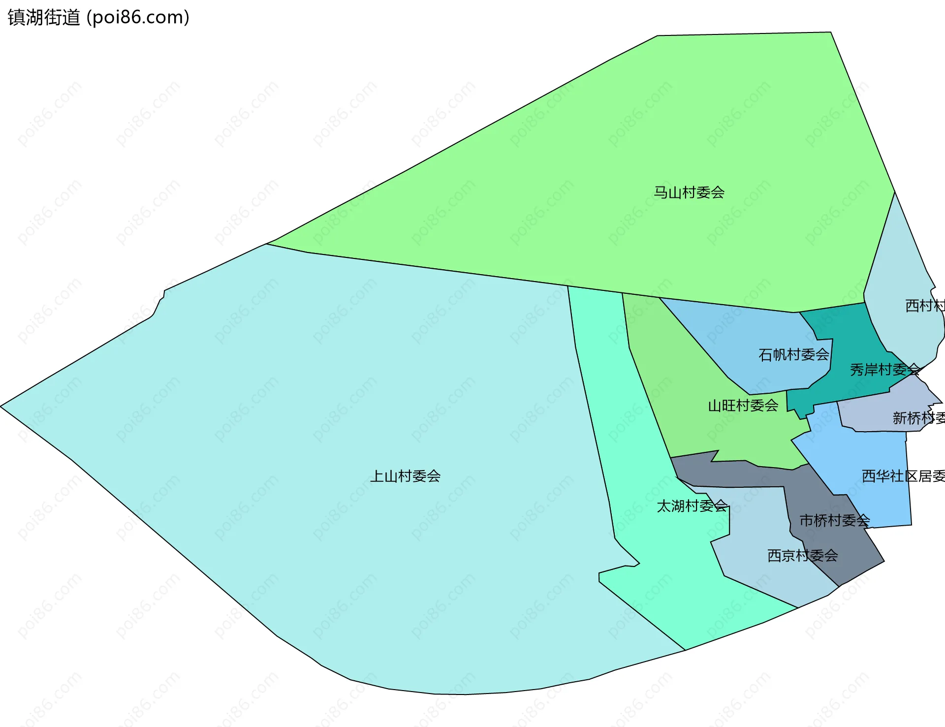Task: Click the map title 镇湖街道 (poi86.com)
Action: (98, 18)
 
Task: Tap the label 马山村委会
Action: (689, 192)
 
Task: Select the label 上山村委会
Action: (405, 476)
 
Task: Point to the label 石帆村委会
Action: (793, 354)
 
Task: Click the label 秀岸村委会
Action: (884, 369)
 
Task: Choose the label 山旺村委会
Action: (743, 406)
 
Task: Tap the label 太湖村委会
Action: (692, 506)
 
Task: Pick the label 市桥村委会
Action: (834, 520)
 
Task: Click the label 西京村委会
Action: (802, 556)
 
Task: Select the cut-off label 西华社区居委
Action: (903, 476)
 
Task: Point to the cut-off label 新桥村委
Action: (918, 418)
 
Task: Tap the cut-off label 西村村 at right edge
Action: (925, 306)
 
